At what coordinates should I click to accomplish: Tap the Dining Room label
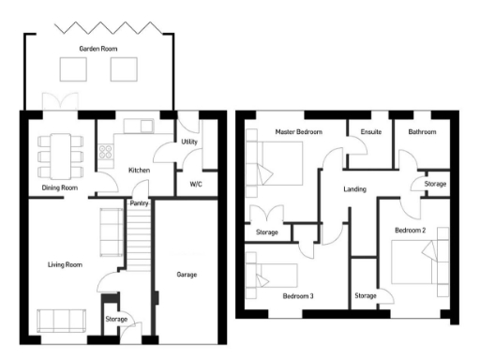59,187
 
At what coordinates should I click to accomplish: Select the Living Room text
66,265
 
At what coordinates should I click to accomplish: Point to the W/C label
197,184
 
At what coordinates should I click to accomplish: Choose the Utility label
188,142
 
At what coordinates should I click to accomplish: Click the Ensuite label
370,132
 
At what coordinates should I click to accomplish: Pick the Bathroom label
422,132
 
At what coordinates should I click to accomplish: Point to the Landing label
354,189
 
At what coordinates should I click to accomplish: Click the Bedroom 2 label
411,230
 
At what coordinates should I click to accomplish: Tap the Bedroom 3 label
298,296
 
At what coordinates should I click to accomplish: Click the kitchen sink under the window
143,125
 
